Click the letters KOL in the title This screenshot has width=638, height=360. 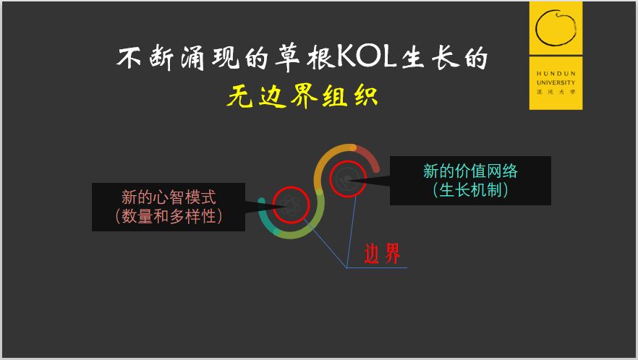[x=366, y=56]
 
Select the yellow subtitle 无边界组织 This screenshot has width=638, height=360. [x=302, y=96]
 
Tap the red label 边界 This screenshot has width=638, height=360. [x=382, y=254]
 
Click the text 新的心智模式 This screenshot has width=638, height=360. [x=169, y=197]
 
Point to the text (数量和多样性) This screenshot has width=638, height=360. [x=169, y=215]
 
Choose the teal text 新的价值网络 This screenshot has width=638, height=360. [x=470, y=171]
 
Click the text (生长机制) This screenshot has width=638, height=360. [x=470, y=190]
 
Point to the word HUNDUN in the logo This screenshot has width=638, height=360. [x=556, y=74]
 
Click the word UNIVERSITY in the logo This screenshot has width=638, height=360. [x=556, y=82]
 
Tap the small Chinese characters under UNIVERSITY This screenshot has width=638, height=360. [x=556, y=92]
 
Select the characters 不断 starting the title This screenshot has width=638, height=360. [x=145, y=56]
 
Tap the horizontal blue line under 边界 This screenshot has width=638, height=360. [x=377, y=267]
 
